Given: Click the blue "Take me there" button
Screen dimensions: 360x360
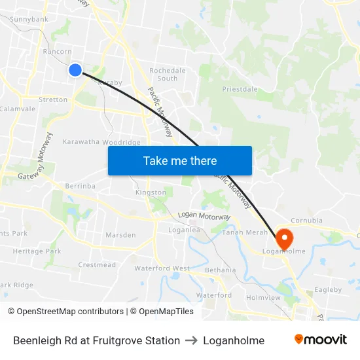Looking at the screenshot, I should coord(180,160).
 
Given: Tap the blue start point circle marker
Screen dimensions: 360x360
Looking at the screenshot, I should coord(75,70).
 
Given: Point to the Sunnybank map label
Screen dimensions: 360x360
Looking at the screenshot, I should coord(29,20).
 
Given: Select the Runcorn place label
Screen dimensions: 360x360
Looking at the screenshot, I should coord(56,50).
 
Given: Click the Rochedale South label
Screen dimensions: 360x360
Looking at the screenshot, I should coord(168,74).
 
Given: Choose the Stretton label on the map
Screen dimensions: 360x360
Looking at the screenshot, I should coord(53,100).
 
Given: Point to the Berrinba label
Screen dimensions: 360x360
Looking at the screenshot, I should coord(80,186).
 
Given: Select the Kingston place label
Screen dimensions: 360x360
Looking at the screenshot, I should coord(151,192).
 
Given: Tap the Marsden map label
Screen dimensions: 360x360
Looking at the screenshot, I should coord(120,235).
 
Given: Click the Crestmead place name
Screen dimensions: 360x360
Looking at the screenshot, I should coord(97,265).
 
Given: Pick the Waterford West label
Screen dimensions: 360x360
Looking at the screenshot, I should coord(162,268).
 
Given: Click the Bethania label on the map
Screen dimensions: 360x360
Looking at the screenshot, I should coord(220,270).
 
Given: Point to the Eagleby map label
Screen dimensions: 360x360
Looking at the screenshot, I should coord(328,289).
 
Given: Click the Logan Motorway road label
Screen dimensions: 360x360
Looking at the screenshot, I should coord(204,217).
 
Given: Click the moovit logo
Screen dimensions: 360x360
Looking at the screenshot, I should coord(321,340).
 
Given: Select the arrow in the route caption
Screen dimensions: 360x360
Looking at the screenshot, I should coord(191,340).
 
